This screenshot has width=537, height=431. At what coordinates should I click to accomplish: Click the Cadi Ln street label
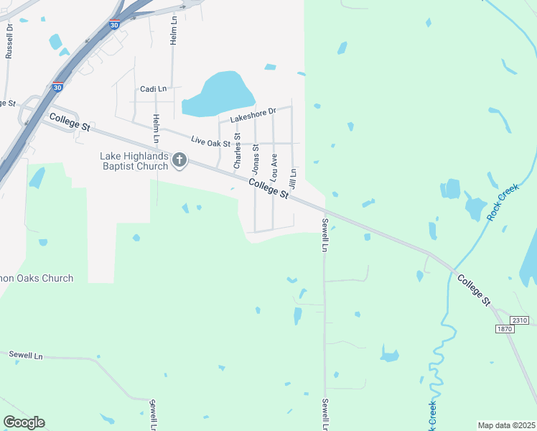click(153, 89)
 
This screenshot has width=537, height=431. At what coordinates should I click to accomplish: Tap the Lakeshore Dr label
click(253, 115)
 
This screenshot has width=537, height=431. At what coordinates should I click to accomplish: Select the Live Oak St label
click(210, 142)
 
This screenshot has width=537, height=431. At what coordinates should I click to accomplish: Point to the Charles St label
click(237, 151)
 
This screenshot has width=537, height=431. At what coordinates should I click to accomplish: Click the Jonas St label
click(255, 158)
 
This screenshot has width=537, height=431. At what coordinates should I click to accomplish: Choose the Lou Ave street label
click(274, 166)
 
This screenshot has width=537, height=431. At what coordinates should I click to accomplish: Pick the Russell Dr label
click(9, 41)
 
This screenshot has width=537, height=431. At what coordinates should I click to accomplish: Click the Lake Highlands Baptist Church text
click(134, 161)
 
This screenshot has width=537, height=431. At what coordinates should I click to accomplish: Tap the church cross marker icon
click(179, 160)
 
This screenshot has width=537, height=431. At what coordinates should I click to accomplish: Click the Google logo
click(24, 422)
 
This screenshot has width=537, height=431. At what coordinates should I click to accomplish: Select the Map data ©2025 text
click(506, 425)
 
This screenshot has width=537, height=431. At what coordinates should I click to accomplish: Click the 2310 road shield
click(520, 320)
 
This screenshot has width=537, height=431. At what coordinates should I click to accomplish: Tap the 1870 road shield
click(505, 328)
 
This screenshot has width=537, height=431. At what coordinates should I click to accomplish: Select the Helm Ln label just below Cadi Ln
click(155, 128)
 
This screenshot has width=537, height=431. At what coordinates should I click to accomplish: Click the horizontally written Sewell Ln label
click(26, 356)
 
